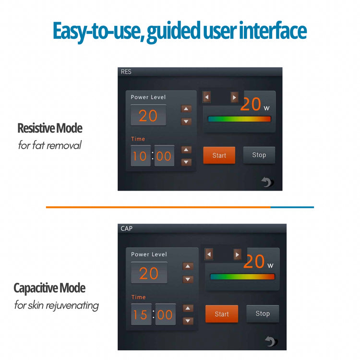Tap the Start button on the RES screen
click(x=219, y=155)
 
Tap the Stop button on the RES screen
click(x=259, y=155)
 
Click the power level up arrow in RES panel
click(x=186, y=108)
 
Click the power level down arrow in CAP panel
click(x=188, y=279)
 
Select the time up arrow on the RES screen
click(x=186, y=150)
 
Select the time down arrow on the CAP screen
click(x=188, y=321)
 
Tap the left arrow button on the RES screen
click(x=207, y=97)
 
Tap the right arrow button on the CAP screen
click(x=237, y=254)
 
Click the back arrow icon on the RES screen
click(x=267, y=182)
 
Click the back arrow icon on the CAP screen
click(x=271, y=341)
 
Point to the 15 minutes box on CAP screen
click(x=141, y=314)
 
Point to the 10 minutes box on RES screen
click(x=141, y=156)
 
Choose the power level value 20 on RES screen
click(x=148, y=115)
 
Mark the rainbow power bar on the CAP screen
click(x=242, y=276)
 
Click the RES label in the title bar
click(x=126, y=72)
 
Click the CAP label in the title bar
click(x=127, y=228)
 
